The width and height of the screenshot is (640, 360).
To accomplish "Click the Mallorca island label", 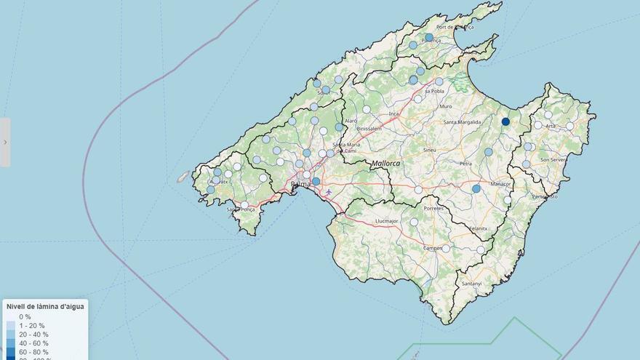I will click(385, 164).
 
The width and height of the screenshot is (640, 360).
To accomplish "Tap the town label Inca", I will click(394, 114).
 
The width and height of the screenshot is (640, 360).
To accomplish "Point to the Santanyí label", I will click(471, 283).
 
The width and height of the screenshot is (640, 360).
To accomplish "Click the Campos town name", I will click(434, 248).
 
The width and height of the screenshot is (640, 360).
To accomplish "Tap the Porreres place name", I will click(434, 208).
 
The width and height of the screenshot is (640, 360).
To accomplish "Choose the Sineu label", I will click(429, 150).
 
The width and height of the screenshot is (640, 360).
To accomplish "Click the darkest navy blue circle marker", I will click(505, 121).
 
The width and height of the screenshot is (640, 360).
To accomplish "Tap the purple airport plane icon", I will click(329, 192).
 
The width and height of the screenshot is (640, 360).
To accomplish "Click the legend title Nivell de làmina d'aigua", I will click(45, 307).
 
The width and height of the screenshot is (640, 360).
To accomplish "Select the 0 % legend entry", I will click(25, 317).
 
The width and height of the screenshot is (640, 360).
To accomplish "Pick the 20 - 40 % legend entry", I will click(33, 335).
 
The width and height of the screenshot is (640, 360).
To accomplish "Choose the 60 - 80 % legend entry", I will click(33, 352).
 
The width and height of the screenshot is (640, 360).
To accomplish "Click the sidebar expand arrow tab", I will click(5, 142).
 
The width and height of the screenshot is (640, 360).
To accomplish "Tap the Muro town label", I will click(446, 107).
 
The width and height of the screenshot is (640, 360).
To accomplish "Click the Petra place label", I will click(465, 164).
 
